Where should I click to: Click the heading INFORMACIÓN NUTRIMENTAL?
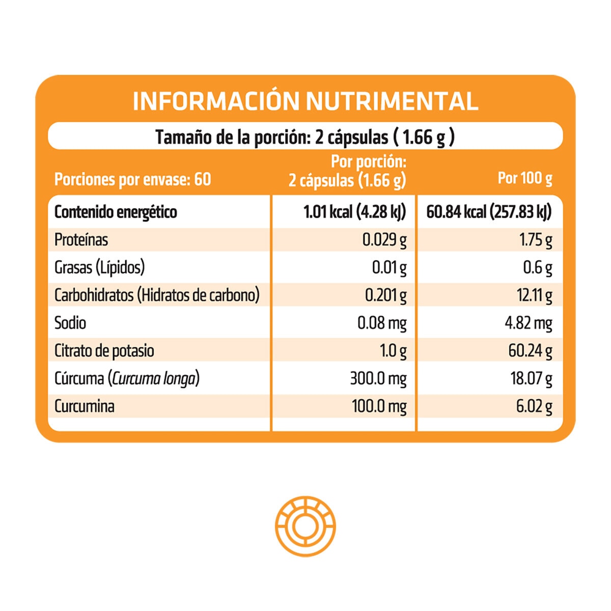pos(305,101)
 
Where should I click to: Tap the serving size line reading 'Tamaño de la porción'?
pos(305,137)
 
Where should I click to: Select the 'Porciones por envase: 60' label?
pos(132,179)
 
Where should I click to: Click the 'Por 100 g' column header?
pos(525,178)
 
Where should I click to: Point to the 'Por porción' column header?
pos(347,171)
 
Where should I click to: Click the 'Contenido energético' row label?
pos(116,212)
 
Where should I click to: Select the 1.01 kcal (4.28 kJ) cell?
pos(354,212)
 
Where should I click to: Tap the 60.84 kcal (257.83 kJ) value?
pos(489,212)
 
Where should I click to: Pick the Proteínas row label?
pos(81,240)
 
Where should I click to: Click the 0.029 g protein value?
pos(384,240)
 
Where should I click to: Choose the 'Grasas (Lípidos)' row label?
pos(99,267)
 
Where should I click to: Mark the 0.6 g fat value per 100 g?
pos(538,267)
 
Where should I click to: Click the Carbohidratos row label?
pos(157,295)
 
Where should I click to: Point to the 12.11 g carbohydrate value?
pos(534,295)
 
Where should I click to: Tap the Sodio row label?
pos(70,323)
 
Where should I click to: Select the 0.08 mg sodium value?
pos(382,323)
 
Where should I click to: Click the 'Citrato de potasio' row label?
pos(104,351)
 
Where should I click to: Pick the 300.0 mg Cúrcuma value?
pos(378,378)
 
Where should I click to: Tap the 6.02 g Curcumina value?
pos(534,406)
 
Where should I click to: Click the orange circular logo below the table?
pos(305,526)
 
